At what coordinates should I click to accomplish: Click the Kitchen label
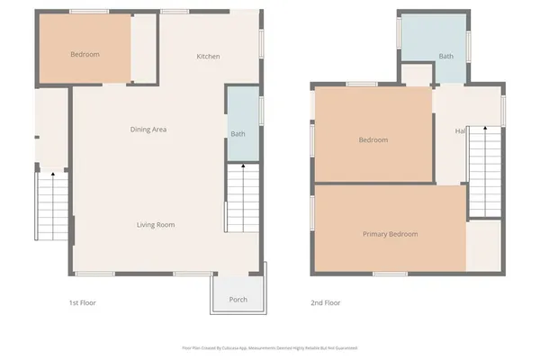209,57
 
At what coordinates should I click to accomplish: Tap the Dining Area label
148,130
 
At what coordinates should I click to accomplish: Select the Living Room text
156,224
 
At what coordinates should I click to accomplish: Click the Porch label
238,300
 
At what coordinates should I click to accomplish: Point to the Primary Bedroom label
391,234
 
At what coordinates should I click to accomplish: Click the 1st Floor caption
82,302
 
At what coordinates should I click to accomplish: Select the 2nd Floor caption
326,302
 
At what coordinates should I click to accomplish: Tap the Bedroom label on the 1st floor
85,54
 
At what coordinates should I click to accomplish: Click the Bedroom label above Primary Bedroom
373,139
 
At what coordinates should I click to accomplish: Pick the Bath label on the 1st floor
238,134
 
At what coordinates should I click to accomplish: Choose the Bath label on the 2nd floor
446,56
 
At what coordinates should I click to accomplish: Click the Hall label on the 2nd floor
460,131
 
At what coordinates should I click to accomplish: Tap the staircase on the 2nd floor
484,171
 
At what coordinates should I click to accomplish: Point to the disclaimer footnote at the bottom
270,347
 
